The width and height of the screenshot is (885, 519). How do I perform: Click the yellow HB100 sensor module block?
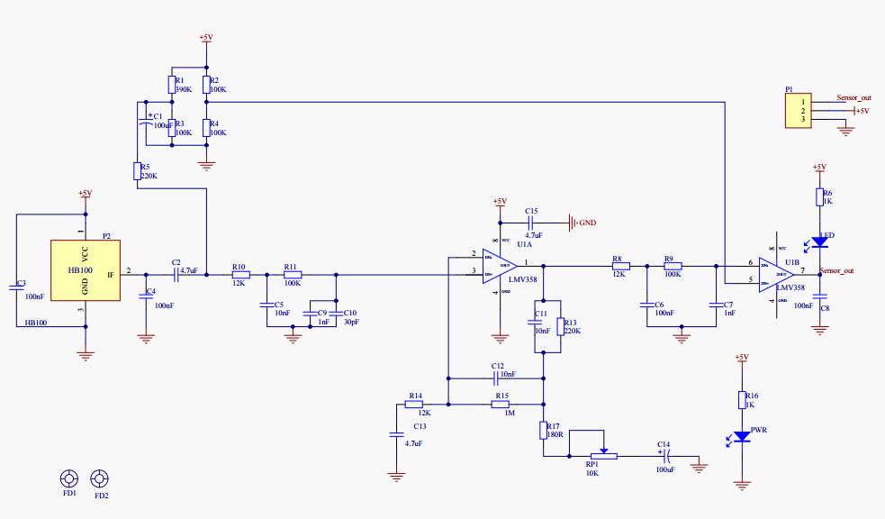pos(86,269)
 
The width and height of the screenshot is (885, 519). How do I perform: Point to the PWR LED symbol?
pos(742,437)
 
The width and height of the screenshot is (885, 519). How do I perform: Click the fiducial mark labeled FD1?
pos(68,478)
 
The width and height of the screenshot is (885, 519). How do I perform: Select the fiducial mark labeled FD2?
pos(100,478)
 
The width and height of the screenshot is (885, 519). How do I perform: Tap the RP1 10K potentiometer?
pos(603,455)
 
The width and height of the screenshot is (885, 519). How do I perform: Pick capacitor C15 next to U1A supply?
pos(531,222)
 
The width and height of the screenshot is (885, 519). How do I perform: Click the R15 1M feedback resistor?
pos(501,405)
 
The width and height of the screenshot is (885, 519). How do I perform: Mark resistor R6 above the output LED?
pos(819,197)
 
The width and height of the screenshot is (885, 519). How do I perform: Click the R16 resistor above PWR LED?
pos(742,399)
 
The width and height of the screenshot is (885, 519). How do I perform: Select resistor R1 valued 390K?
pos(171,86)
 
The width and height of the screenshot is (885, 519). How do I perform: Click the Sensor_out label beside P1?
pos(853,97)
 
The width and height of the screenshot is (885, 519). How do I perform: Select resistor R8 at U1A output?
pos(619,266)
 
